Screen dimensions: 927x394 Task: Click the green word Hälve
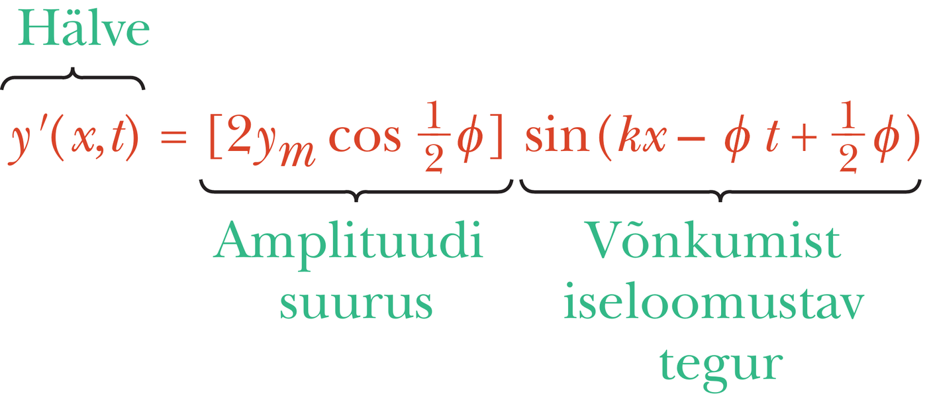point(83,28)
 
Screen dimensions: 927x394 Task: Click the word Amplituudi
point(348,245)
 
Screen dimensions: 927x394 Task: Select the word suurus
point(356,304)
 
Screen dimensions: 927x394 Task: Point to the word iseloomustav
point(714,301)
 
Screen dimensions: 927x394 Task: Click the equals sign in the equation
point(173,137)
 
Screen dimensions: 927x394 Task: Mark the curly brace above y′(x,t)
point(73,78)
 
